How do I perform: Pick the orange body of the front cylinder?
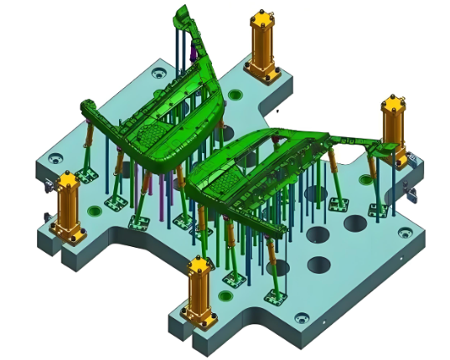(x=199, y=293)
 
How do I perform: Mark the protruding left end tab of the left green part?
(x=86, y=106)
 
